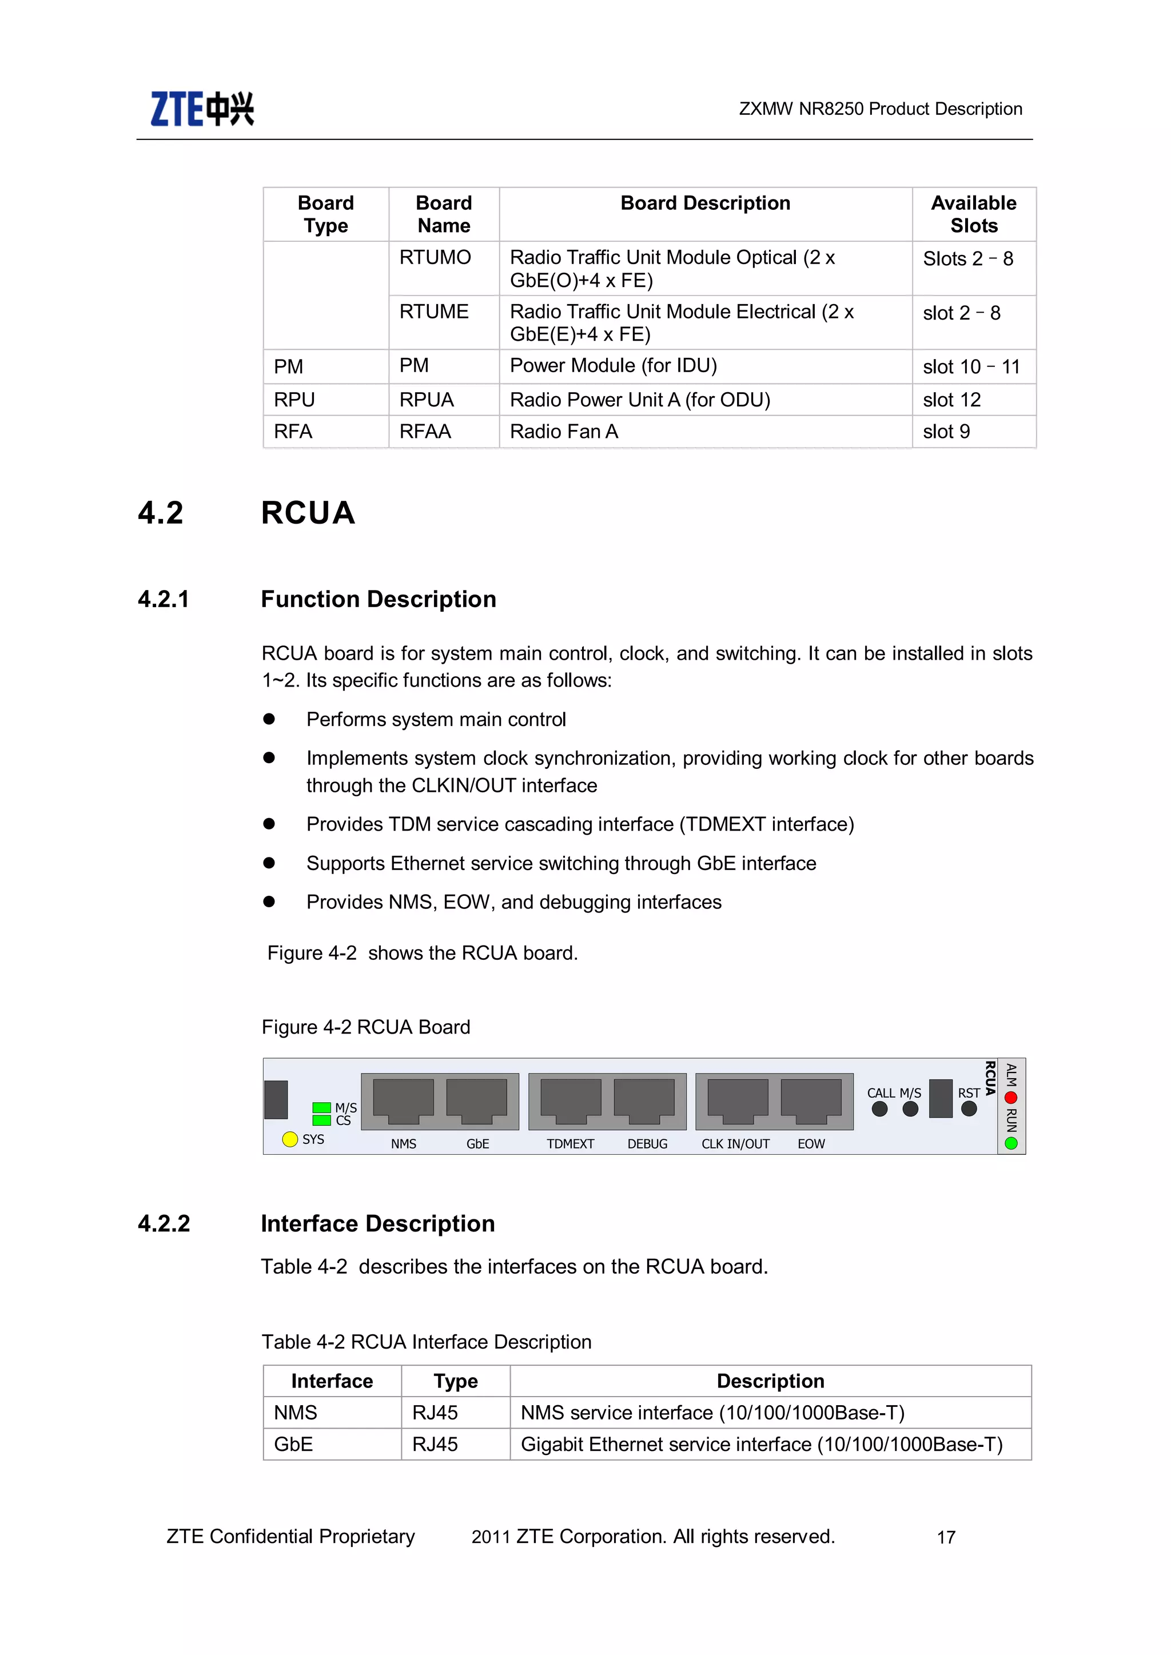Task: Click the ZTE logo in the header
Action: click(x=202, y=109)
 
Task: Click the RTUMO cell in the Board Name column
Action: click(x=435, y=257)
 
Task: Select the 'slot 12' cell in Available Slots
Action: click(x=952, y=400)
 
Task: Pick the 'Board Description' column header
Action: click(x=704, y=204)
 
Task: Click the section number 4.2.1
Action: click(x=164, y=599)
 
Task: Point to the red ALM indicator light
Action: click(x=1011, y=1098)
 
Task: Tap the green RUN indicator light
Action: click(x=1011, y=1143)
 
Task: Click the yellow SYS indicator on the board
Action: click(x=290, y=1139)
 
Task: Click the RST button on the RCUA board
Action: click(x=969, y=1108)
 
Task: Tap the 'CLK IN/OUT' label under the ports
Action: click(x=735, y=1144)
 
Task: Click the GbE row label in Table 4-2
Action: click(x=293, y=1445)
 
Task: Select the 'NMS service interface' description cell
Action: click(x=712, y=1413)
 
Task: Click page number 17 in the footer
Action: click(x=946, y=1537)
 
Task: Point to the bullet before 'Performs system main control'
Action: click(x=269, y=719)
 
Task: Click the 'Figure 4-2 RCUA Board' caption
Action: click(x=365, y=1027)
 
